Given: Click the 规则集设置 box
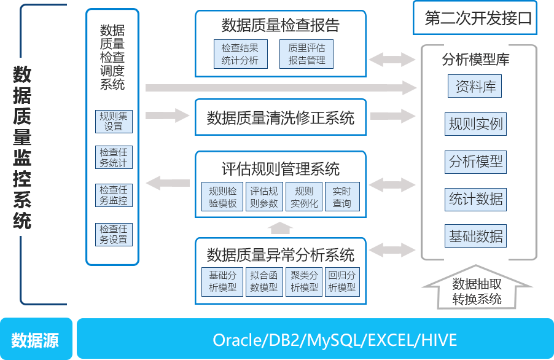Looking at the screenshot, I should (114, 121).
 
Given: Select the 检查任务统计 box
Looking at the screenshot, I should (114, 157).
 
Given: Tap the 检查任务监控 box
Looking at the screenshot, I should (114, 195).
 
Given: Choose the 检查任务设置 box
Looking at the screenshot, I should (114, 234).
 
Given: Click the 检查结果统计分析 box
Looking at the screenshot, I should (240, 54).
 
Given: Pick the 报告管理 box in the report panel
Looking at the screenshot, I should (306, 54).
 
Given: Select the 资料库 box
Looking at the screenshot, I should (475, 87).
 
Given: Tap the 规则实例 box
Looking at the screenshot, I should (475, 124).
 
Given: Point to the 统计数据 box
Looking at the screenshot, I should (475, 199).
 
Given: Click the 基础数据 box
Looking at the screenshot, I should (475, 236).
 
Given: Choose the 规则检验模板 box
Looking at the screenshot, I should (222, 197).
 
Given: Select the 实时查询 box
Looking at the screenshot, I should (341, 197).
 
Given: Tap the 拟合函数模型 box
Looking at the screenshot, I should (263, 281).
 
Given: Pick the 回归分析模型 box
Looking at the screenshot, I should (341, 281).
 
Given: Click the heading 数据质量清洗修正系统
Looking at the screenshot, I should (281, 117).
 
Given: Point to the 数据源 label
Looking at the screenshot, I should (35, 340).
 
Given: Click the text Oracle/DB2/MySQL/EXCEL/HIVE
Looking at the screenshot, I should (335, 340).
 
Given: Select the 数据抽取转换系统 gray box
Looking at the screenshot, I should (477, 291).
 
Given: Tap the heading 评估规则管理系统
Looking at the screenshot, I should (281, 169).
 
